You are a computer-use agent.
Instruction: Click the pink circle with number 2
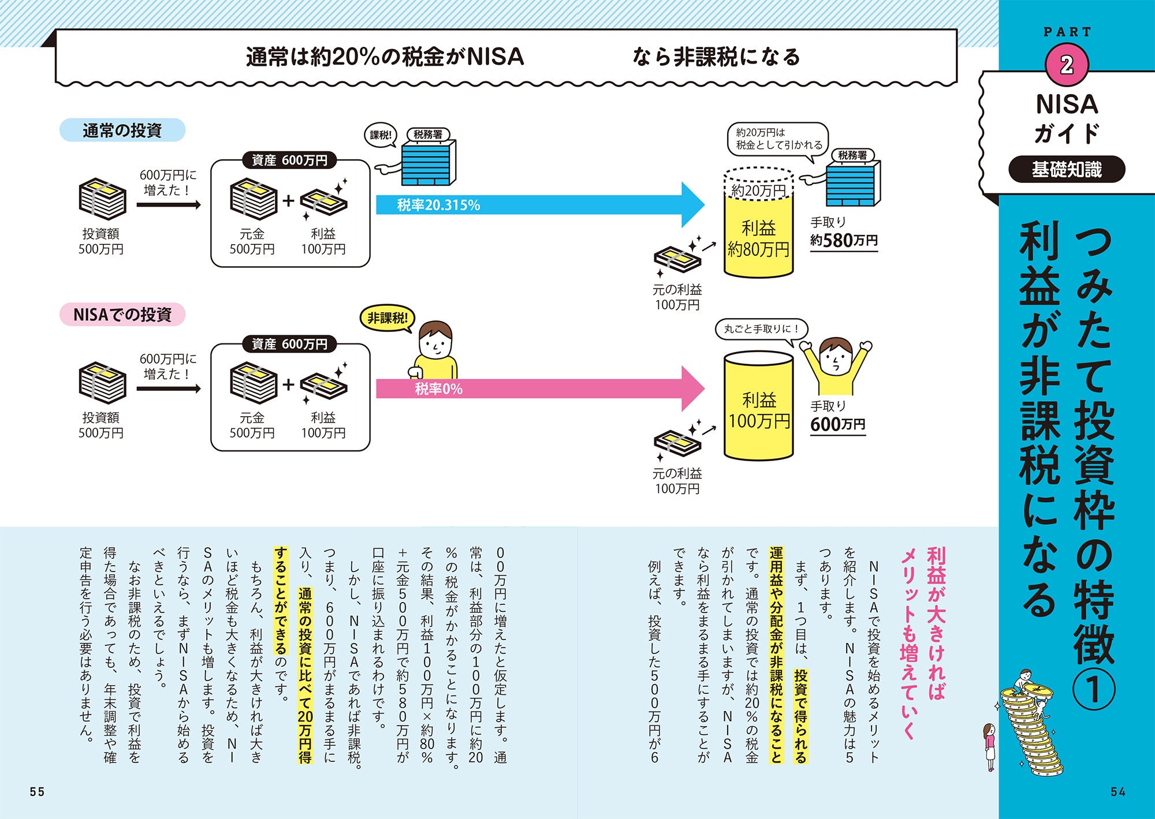tap(1067, 65)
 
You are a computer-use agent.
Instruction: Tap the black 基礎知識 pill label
tap(1067, 170)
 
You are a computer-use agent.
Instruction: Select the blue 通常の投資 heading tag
tap(122, 130)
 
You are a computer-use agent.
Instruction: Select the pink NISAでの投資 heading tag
tap(122, 315)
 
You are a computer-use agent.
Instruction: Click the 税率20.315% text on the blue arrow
tap(438, 205)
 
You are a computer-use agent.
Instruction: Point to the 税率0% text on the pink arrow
tap(438, 390)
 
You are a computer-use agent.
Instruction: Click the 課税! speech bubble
tap(381, 135)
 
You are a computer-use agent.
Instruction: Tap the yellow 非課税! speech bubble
tap(387, 318)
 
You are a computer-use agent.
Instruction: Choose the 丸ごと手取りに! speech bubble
tap(761, 329)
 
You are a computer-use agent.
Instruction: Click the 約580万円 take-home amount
tap(844, 240)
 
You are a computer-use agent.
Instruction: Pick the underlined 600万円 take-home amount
tap(837, 425)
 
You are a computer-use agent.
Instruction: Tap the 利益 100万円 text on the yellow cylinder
tap(759, 410)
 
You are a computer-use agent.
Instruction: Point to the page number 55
tap(37, 792)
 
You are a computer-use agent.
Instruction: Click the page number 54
tap(1118, 792)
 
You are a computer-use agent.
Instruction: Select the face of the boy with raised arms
tap(836, 357)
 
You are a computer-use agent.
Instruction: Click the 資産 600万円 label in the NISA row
tap(289, 344)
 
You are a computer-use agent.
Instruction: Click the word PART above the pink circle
tap(1067, 32)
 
